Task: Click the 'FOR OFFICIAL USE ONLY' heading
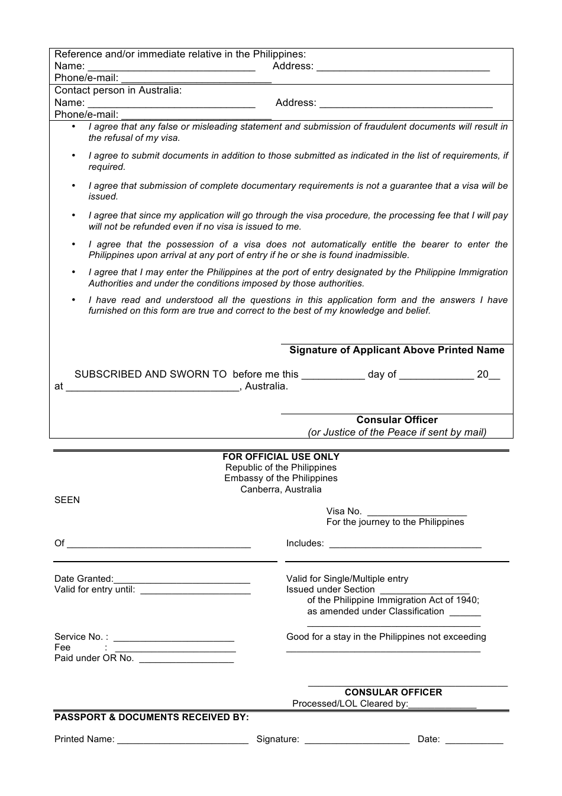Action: [x=280, y=457]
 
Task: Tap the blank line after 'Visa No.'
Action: [x=416, y=513]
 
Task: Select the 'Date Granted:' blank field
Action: [x=182, y=580]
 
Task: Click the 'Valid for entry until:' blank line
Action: [x=195, y=591]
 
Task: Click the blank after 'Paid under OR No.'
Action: [x=186, y=659]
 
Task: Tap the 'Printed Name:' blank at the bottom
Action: [x=183, y=740]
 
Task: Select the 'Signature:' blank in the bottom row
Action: [x=357, y=740]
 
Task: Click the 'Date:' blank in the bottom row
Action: [x=474, y=740]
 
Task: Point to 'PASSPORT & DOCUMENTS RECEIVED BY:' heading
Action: [x=151, y=717]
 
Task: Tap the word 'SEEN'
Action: [x=67, y=500]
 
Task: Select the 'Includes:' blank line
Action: [x=405, y=544]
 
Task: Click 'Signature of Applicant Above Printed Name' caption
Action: [x=396, y=350]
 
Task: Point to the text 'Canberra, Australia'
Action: [x=280, y=489]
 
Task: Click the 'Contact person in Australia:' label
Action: [x=118, y=91]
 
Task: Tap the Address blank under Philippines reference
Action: [x=403, y=67]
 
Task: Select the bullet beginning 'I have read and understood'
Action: [x=298, y=305]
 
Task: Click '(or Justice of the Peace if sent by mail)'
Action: [x=397, y=432]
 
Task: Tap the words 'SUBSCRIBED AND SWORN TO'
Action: [x=150, y=375]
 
